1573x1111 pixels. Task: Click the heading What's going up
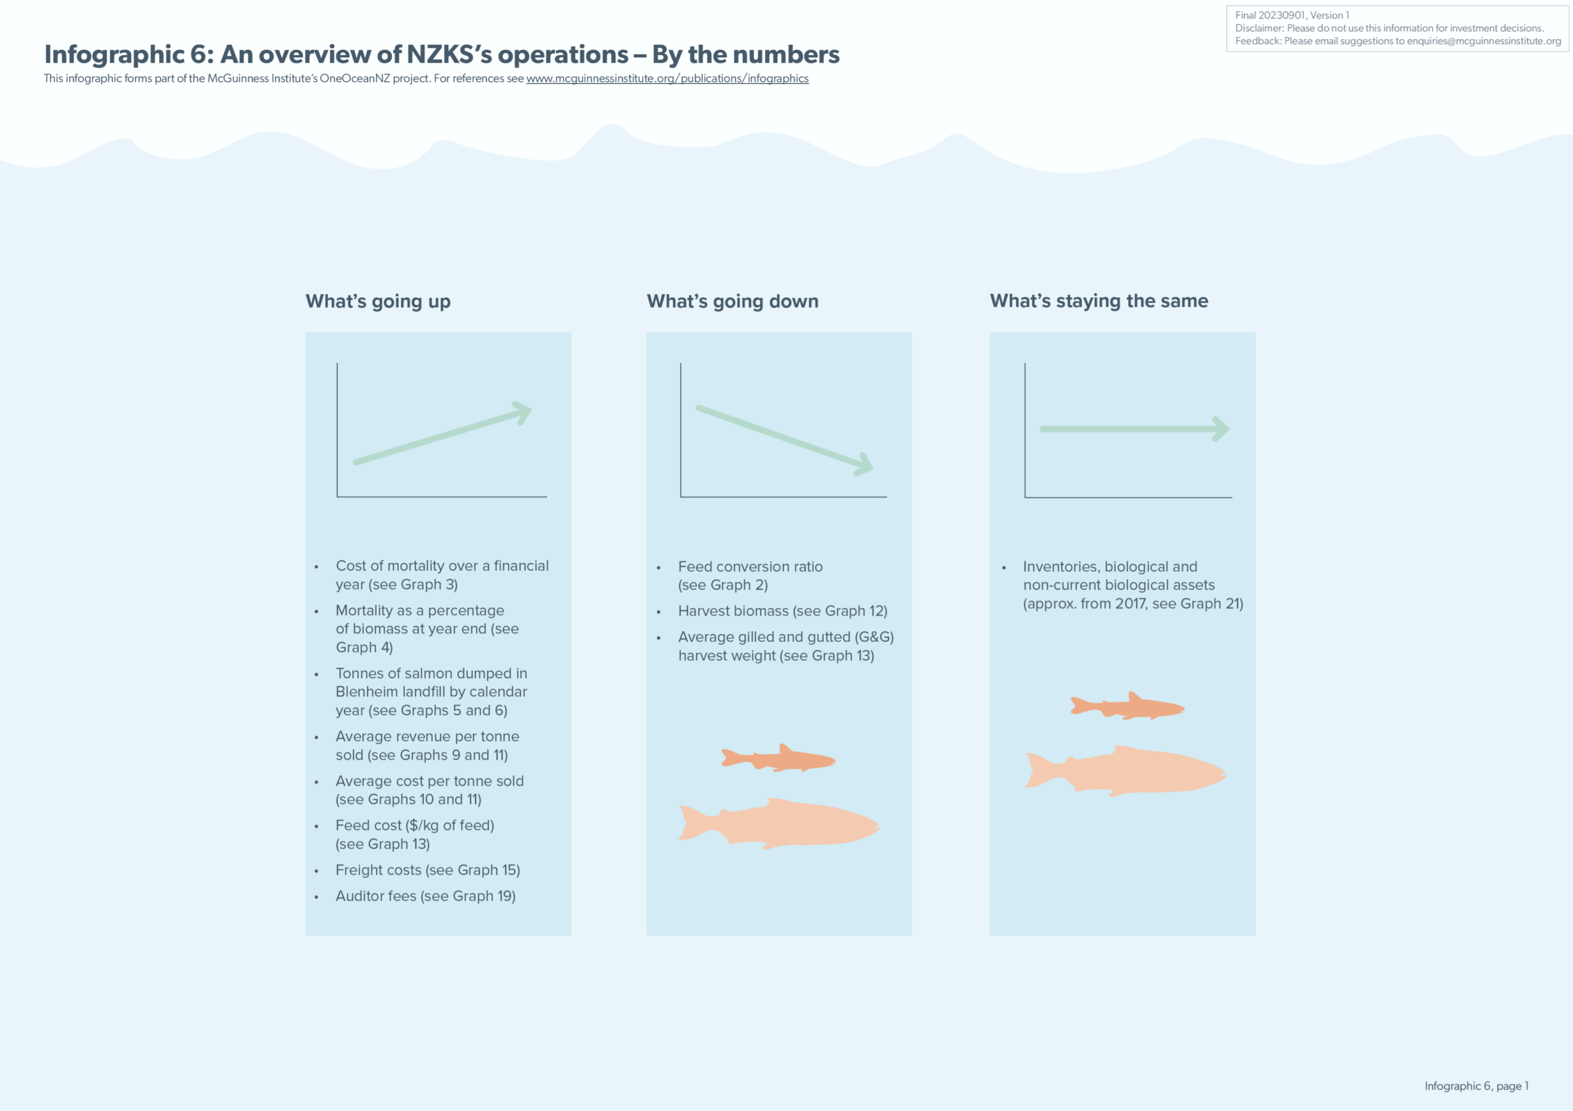tap(377, 302)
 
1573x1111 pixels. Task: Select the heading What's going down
tap(732, 302)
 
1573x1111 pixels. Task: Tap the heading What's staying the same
tap(1098, 301)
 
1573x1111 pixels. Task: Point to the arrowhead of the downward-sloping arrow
tap(865, 465)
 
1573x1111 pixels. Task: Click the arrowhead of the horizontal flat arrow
tap(1222, 429)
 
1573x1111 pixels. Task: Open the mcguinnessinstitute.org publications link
tap(667, 79)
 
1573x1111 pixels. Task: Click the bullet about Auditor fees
tap(425, 896)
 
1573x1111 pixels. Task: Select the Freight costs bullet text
tap(428, 870)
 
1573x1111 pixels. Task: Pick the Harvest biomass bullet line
tap(782, 611)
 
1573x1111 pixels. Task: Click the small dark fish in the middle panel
tap(779, 758)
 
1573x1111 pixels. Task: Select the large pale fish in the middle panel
tap(781, 824)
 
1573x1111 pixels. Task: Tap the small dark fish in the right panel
tap(1128, 706)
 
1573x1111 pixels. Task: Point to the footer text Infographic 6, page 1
tap(1476, 1086)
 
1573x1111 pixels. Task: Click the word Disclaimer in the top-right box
tap(1258, 28)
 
